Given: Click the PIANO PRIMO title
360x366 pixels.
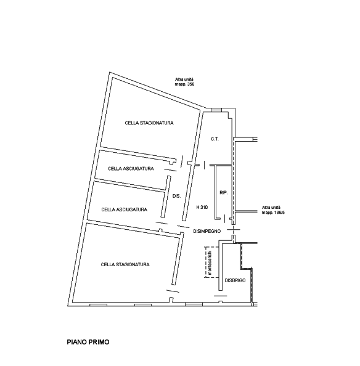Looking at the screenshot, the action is (88, 342).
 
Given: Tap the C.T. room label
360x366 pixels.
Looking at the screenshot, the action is (215, 139).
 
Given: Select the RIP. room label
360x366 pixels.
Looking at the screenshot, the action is (223, 193).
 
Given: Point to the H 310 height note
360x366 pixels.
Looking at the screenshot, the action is (202, 207).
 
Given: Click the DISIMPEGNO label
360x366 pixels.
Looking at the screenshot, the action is (207, 231).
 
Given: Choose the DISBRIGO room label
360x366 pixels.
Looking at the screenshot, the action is (235, 280).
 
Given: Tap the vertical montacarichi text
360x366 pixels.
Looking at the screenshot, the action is (210, 262).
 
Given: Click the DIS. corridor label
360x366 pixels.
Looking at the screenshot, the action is (176, 196).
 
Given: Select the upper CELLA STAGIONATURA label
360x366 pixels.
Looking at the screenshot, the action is (149, 123).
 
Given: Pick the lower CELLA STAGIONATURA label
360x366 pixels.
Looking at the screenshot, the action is (125, 264).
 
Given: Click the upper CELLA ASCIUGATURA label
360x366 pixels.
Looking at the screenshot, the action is (131, 169).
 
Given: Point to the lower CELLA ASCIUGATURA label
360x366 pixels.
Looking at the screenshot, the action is (125, 209).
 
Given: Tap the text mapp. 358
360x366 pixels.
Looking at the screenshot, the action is (184, 84).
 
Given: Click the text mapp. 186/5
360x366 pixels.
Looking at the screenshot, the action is (273, 213).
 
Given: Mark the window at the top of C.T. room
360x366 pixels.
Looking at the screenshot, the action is (216, 110).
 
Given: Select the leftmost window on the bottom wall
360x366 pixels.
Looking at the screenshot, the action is (98, 305).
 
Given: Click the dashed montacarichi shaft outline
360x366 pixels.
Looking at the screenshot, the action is (205, 262).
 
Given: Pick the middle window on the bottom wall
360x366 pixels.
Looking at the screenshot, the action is (143, 305).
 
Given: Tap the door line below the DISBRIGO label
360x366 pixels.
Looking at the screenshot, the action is (221, 296).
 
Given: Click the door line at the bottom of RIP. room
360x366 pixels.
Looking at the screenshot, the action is (224, 219).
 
